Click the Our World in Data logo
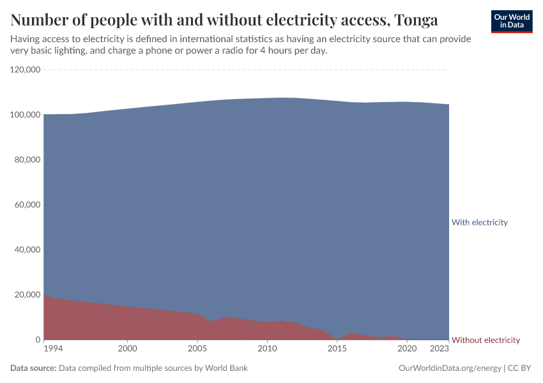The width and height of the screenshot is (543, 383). (x=511, y=21)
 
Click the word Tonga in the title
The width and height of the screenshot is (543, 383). (x=416, y=20)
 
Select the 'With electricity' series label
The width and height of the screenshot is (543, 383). (x=479, y=222)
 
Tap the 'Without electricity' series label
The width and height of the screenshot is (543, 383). (x=486, y=340)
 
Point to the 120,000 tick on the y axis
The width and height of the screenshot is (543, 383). (x=26, y=70)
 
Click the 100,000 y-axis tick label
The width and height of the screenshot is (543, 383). (x=26, y=115)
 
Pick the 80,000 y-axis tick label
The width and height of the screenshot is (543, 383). (x=27, y=160)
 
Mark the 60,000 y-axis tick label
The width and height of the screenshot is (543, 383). (x=27, y=205)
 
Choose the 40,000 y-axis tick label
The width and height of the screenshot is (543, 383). (x=27, y=250)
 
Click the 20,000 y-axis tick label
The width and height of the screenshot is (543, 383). (x=27, y=295)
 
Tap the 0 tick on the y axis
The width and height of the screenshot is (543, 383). (x=38, y=340)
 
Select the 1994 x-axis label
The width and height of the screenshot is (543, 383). (x=54, y=349)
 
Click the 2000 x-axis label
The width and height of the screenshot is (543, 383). (x=128, y=349)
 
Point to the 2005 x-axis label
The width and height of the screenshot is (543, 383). (x=197, y=349)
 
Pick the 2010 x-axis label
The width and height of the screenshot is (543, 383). (x=267, y=349)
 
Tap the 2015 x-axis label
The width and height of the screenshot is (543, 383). (x=337, y=349)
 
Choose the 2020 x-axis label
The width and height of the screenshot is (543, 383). (x=407, y=349)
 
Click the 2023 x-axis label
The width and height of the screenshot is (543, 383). (x=440, y=349)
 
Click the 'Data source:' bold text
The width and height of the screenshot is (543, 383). (x=33, y=368)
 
